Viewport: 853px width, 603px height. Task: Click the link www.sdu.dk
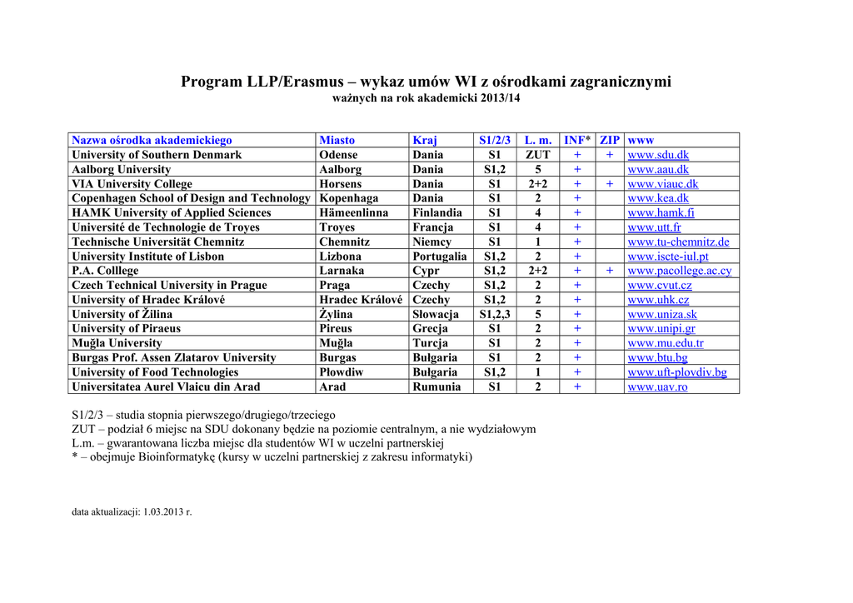click(x=658, y=155)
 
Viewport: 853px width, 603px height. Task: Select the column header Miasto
click(x=337, y=140)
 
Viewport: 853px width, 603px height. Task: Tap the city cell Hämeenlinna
click(x=353, y=212)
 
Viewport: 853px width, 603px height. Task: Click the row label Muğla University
click(x=117, y=343)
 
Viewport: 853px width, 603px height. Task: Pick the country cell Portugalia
click(x=439, y=257)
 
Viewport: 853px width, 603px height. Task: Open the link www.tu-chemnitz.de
click(x=678, y=242)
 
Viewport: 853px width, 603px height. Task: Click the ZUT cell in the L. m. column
click(x=538, y=155)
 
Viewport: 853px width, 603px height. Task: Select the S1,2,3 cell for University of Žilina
click(x=495, y=314)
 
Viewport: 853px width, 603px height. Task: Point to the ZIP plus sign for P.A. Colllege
click(x=610, y=271)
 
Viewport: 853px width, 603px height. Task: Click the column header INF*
click(x=577, y=140)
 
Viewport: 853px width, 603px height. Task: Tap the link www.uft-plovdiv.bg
click(x=677, y=372)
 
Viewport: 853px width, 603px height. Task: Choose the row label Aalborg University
click(x=122, y=169)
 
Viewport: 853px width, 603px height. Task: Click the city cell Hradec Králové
click(x=361, y=300)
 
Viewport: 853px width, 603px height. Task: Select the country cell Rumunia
click(x=436, y=386)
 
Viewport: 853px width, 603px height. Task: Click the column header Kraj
click(x=425, y=140)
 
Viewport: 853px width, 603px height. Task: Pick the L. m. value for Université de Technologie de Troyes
click(x=538, y=227)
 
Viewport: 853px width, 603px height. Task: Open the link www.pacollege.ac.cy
click(x=679, y=271)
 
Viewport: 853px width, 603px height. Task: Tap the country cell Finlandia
click(x=437, y=212)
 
